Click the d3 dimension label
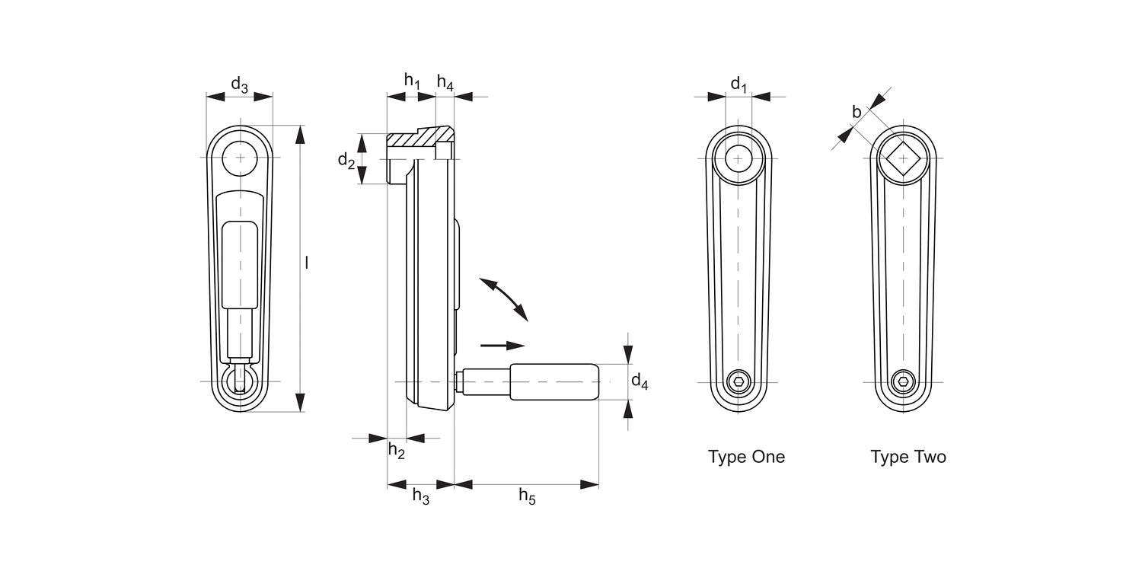[x=239, y=85]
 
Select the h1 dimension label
[x=412, y=80]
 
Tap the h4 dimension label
[x=445, y=84]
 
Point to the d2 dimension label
[x=346, y=160]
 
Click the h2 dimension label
[x=397, y=450]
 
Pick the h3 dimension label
[x=421, y=496]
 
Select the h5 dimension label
[x=527, y=496]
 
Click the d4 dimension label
[x=640, y=381]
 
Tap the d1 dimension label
[x=738, y=84]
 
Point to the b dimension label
[x=856, y=113]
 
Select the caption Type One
[x=746, y=457]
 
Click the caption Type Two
[x=908, y=457]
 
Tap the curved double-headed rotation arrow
[x=503, y=298]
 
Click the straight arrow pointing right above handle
[x=503, y=345]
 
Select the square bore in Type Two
[x=904, y=158]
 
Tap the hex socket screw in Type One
[x=738, y=381]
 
